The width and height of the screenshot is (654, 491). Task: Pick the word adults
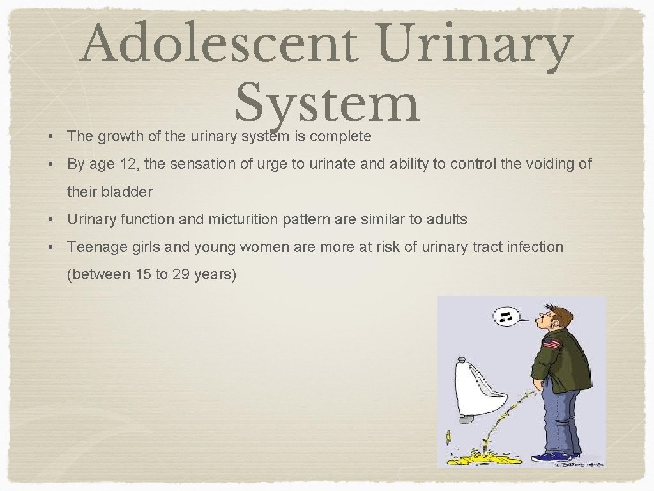[447, 219]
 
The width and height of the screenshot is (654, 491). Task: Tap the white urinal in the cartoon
[475, 390]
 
